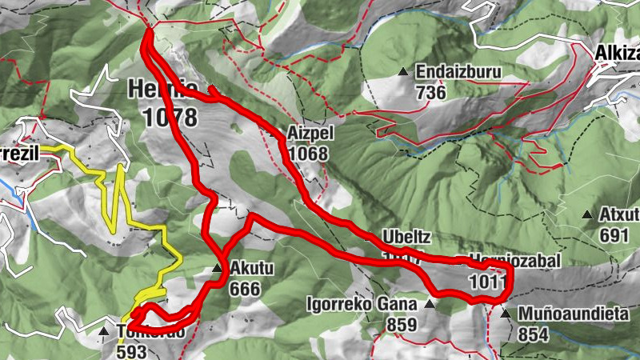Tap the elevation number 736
(x=432, y=92)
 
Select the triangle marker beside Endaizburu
(x=403, y=73)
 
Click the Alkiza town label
(x=617, y=53)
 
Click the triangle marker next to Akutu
(x=217, y=269)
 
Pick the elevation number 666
(x=244, y=288)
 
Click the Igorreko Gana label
(x=362, y=304)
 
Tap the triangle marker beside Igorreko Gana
(x=430, y=304)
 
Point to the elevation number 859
(x=402, y=324)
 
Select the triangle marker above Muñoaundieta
(x=505, y=314)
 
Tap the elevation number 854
(x=533, y=334)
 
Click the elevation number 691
(x=617, y=235)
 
